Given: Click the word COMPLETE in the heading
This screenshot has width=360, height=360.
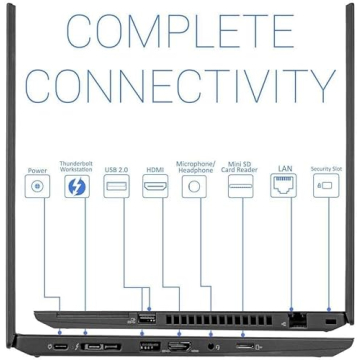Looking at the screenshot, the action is tap(180, 35).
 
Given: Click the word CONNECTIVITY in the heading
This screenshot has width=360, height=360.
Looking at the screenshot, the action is tap(180, 94).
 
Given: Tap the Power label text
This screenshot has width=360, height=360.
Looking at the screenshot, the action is tap(38, 171).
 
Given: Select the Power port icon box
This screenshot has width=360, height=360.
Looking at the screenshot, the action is tap(38, 187).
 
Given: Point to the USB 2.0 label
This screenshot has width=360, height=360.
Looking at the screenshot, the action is tap(115, 171).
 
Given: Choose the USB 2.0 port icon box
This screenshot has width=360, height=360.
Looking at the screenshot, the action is tap(115, 187).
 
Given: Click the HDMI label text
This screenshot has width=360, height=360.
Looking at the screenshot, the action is tap(154, 171).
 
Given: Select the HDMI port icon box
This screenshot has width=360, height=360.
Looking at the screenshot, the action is tap(154, 187).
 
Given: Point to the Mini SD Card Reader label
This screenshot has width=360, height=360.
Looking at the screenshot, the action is tap(240, 166).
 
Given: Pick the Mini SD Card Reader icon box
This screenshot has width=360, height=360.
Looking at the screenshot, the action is tap(240, 187).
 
